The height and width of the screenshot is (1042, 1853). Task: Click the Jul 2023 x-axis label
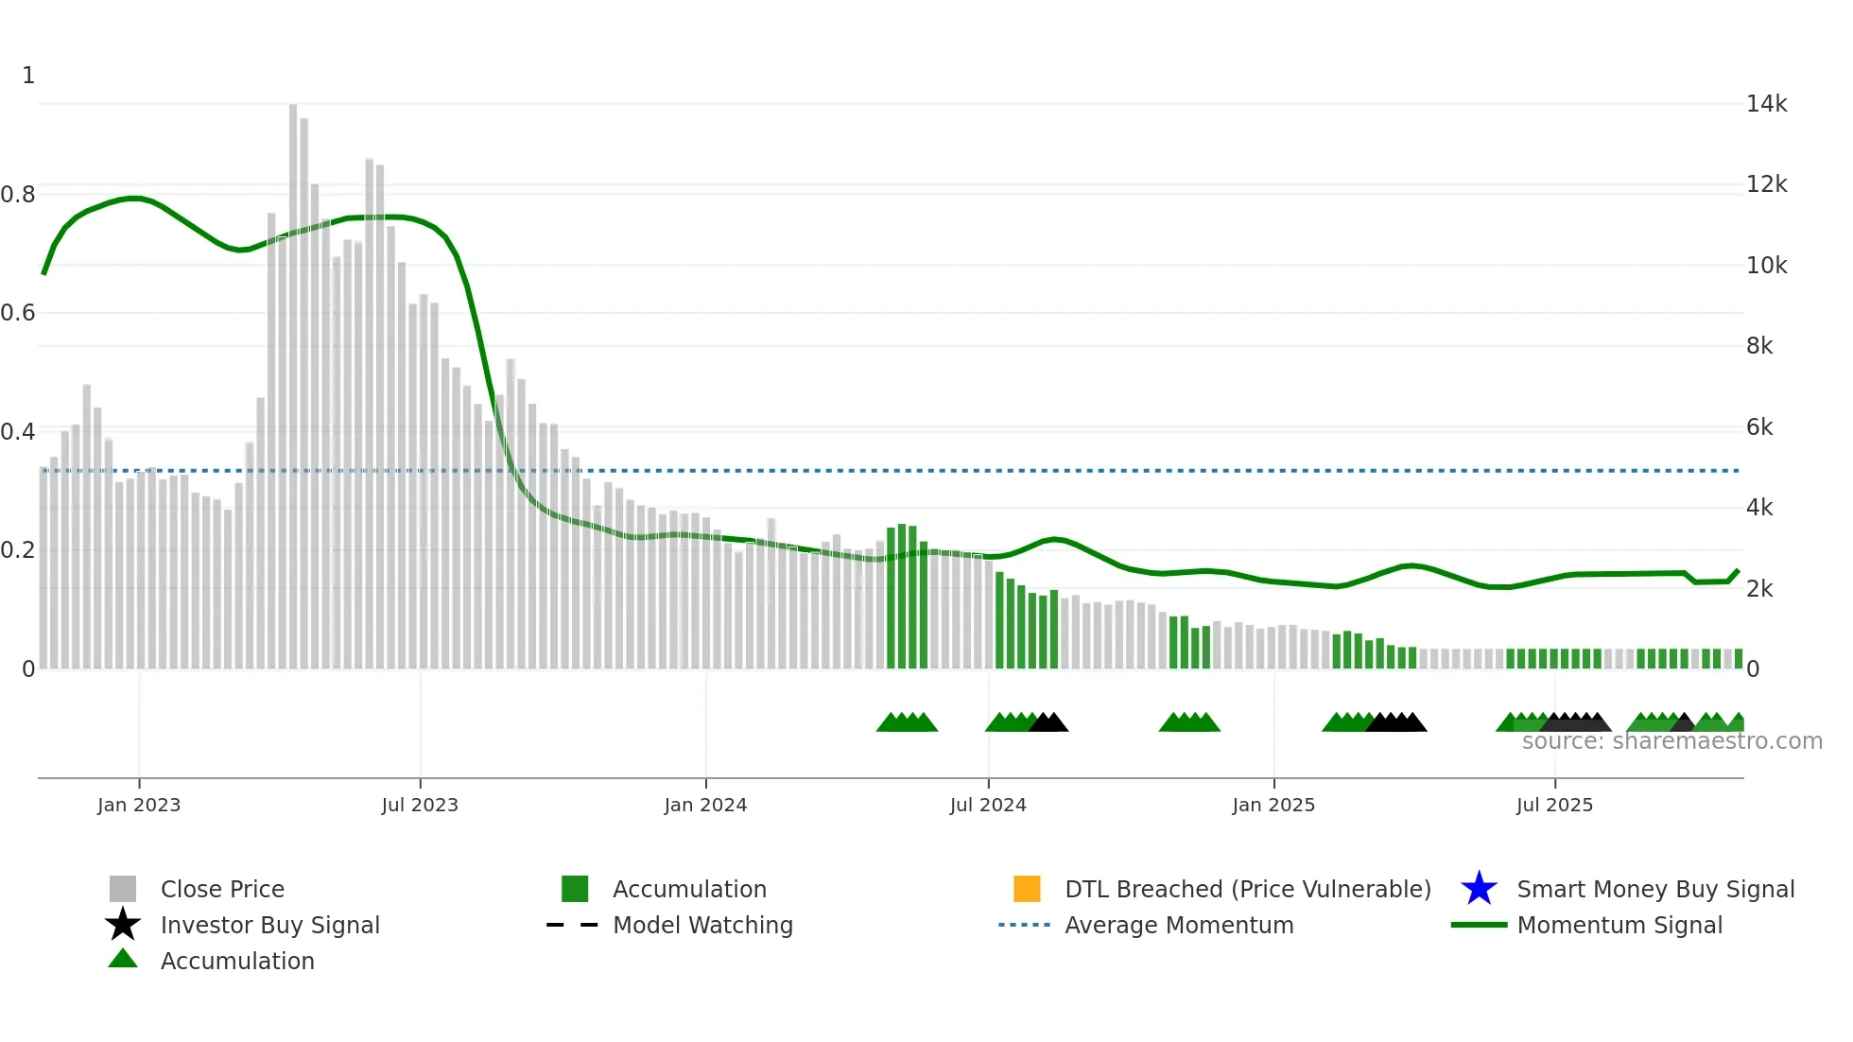(420, 805)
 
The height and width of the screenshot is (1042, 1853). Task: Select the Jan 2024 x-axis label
(705, 805)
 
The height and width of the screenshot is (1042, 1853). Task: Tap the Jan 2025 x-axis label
(1273, 805)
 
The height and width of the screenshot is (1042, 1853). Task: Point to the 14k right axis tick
(1766, 104)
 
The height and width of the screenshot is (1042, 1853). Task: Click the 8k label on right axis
(1759, 346)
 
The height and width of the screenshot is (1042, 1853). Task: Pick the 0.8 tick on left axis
(18, 195)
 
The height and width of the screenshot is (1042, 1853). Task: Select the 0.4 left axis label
(18, 432)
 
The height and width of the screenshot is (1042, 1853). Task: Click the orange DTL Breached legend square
(1027, 889)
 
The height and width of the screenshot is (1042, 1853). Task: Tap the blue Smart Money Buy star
(1479, 889)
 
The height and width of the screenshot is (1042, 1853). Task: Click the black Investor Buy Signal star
(123, 925)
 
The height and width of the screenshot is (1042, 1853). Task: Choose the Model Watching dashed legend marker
(573, 925)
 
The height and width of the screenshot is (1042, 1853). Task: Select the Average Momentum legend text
(1179, 925)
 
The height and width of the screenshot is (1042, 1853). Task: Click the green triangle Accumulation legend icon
(123, 959)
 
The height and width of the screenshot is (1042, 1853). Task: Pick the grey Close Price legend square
(123, 889)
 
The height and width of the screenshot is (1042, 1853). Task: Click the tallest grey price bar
(293, 378)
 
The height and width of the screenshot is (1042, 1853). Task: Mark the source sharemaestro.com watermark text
(1671, 741)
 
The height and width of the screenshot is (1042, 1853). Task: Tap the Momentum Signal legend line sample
(1479, 925)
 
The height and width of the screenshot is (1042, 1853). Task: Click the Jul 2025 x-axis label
(1554, 805)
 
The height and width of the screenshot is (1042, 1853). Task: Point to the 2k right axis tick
(1759, 589)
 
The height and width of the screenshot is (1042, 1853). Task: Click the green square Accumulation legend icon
(575, 889)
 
